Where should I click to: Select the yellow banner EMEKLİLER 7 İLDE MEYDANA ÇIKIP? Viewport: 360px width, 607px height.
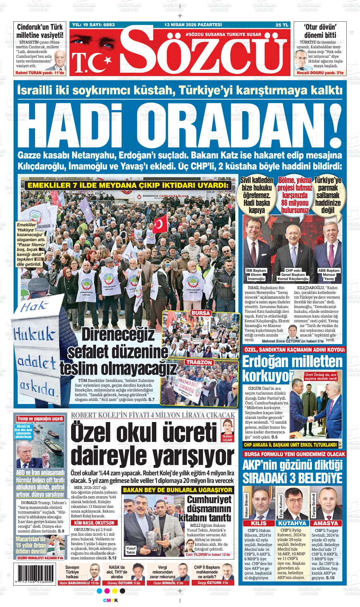[128, 185]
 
